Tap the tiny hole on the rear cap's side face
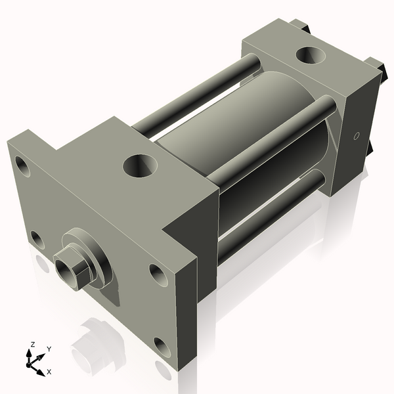click(x=357, y=137)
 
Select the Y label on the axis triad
click(x=49, y=349)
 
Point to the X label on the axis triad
click(x=49, y=372)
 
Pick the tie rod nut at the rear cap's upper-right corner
click(x=375, y=66)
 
